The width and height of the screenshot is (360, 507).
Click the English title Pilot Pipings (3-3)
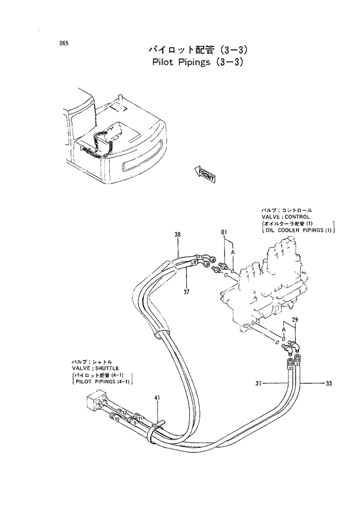pos(193,62)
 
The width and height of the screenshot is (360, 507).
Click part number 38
pos(178,235)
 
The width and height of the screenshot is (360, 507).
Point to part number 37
pos(188,291)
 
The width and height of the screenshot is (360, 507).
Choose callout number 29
pos(295,320)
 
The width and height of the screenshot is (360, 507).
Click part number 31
pos(260,383)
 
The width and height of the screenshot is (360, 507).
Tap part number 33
pos(329,383)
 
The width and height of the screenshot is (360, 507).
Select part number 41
pos(157,398)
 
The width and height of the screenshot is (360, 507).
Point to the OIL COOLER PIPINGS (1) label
pos(298,231)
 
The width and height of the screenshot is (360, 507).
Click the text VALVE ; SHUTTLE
pos(95,368)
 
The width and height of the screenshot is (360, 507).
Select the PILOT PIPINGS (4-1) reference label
pos(102,382)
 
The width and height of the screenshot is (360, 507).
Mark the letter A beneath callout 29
pos(283,329)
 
